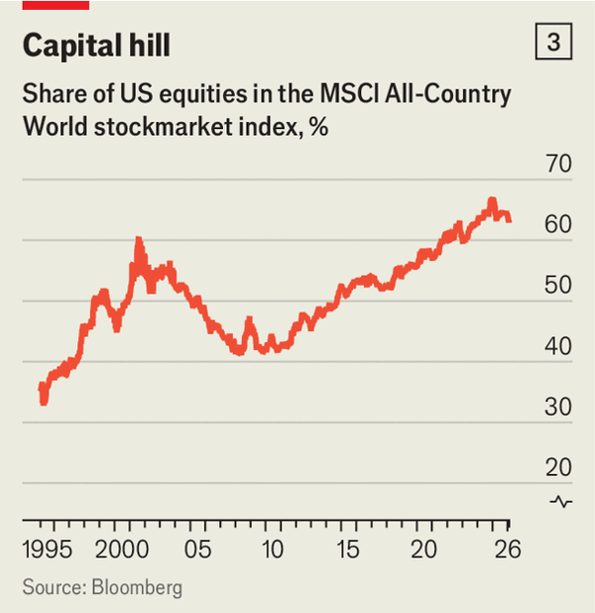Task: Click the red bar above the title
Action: [x=56, y=4]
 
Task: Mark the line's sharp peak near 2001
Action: [x=139, y=240]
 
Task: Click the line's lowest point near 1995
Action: [x=44, y=402]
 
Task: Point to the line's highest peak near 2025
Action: [x=491, y=201]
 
